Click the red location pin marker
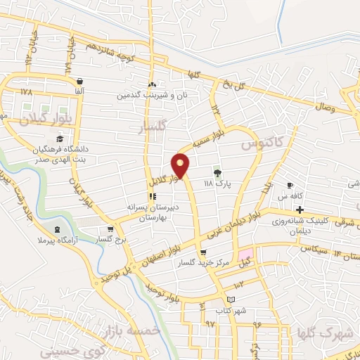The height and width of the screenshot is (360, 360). point(181,165)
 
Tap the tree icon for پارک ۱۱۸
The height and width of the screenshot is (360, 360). point(217,172)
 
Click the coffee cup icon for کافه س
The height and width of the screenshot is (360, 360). point(288,185)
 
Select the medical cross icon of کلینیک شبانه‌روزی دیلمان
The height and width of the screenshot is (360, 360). point(300,210)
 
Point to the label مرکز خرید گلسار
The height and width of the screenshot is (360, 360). point(203,262)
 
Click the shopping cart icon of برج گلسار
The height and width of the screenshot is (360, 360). point(110,229)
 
